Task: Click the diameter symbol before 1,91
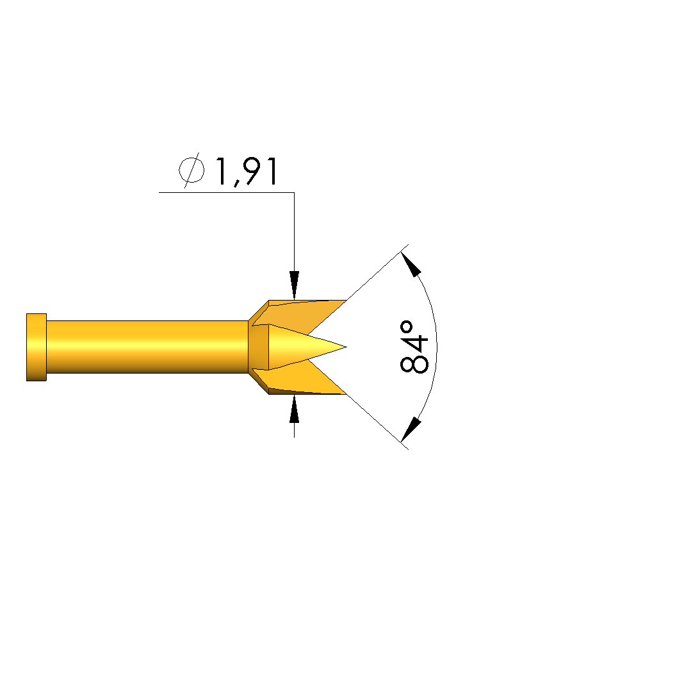coord(192,170)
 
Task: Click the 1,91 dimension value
coord(247,171)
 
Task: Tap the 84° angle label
coord(414,347)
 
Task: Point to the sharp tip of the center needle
coord(346,347)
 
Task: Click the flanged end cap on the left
coord(37,347)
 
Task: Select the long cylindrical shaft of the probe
coord(147,347)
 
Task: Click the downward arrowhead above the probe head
coord(294,285)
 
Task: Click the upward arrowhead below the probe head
coord(294,409)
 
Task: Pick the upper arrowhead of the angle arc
coord(411,264)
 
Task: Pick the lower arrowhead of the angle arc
coord(411,429)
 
